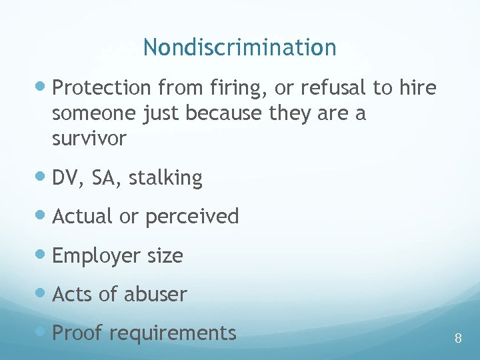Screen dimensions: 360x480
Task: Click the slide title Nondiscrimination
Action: pyautogui.click(x=239, y=47)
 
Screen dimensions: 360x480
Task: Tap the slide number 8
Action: pyautogui.click(x=458, y=338)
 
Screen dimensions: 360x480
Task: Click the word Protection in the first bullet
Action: pyautogui.click(x=101, y=88)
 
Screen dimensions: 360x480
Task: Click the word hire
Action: pyautogui.click(x=418, y=88)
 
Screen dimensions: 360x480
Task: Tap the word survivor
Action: pyautogui.click(x=89, y=139)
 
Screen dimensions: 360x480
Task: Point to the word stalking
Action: pyautogui.click(x=165, y=178)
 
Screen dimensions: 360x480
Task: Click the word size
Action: pyautogui.click(x=165, y=255)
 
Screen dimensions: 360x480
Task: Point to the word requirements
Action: pyautogui.click(x=172, y=333)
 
